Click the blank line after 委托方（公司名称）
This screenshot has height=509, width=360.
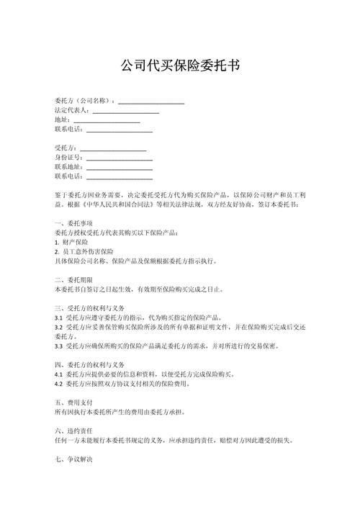pyautogui.click(x=151, y=102)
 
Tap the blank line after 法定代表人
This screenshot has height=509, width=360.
pyautogui.click(x=125, y=111)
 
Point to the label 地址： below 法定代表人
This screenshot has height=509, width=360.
pyautogui.click(x=63, y=120)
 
